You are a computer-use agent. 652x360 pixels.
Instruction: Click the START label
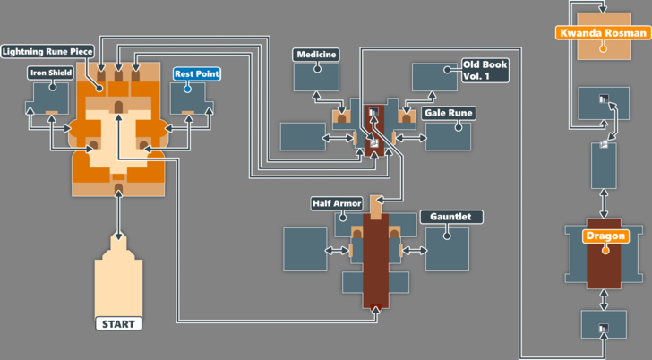click(119, 322)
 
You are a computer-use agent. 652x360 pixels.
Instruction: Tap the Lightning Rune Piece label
click(47, 51)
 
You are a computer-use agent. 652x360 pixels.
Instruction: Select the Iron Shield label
click(50, 73)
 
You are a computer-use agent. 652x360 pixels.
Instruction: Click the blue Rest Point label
click(196, 73)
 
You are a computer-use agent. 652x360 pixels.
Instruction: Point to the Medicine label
click(316, 55)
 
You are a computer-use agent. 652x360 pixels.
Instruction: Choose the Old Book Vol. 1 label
click(484, 71)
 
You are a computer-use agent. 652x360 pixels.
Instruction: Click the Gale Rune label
click(449, 114)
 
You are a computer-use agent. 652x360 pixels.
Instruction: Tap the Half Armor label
click(337, 203)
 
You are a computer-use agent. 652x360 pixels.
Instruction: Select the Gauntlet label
click(451, 217)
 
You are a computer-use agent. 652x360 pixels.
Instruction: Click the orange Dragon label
click(605, 236)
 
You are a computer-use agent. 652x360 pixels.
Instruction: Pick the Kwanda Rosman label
click(602, 33)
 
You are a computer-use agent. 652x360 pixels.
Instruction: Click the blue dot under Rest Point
click(187, 89)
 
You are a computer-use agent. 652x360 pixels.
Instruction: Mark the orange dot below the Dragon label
click(605, 251)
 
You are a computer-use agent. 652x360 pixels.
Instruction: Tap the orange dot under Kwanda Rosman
click(603, 47)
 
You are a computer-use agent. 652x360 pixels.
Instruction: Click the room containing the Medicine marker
click(316, 77)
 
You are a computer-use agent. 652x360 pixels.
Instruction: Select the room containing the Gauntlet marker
click(447, 248)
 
